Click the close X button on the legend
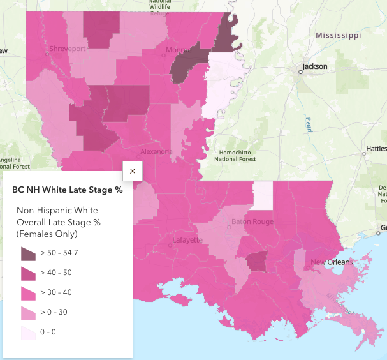coord(133,171)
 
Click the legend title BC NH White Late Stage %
coord(67,190)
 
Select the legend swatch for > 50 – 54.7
coord(28,253)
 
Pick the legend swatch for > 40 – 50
coord(28,273)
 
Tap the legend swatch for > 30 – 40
coord(28,293)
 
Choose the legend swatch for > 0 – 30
coord(28,313)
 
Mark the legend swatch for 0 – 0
coord(28,333)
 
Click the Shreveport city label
coord(68,49)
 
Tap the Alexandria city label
coord(156,152)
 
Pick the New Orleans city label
coord(331,263)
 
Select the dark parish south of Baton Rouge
coord(257,262)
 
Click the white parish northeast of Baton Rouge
coord(262,195)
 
